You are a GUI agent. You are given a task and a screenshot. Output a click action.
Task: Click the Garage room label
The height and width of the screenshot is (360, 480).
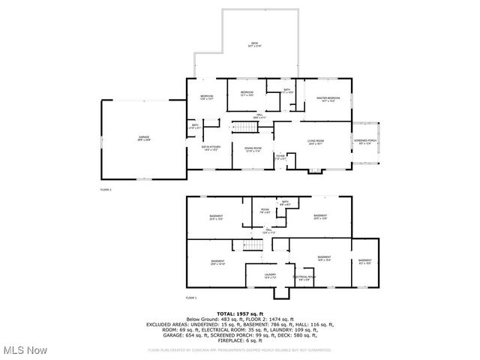point(143,138)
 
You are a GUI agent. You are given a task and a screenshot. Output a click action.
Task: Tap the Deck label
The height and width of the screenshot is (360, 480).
point(255,45)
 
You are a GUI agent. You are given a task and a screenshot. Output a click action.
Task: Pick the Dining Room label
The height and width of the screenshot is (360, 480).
point(253,149)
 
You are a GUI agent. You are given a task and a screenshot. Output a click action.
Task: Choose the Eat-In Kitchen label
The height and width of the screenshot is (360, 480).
point(210,148)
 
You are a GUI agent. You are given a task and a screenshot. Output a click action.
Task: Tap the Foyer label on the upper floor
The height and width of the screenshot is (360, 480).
point(280,157)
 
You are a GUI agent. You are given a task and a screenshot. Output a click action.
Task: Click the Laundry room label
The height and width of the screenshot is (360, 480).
point(270,276)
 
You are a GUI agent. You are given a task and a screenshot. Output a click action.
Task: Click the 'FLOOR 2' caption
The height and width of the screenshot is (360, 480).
point(106,190)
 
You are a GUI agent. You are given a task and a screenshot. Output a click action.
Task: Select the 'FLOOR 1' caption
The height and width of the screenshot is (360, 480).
point(190,298)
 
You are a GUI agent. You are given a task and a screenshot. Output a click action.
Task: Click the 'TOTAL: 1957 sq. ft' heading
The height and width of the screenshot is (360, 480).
point(240,313)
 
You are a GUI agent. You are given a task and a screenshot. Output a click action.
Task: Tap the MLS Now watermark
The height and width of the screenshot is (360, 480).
point(24,350)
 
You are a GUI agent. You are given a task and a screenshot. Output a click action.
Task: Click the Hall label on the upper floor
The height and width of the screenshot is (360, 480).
point(258,116)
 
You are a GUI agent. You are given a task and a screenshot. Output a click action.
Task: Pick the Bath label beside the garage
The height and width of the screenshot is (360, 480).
point(194,127)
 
